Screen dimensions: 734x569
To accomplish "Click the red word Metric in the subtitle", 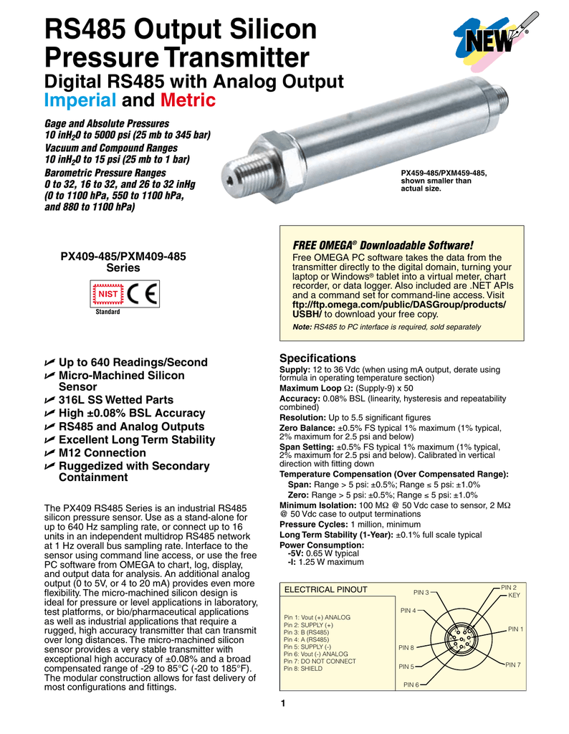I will [188, 100].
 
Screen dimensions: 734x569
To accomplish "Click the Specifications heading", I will [317, 358].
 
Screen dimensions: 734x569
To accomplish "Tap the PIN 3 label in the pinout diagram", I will [421, 593].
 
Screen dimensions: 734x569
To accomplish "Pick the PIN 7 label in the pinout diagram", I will [513, 665].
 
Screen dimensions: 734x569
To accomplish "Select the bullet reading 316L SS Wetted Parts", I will [115, 400].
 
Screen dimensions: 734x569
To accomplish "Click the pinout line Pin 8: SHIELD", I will [303, 668].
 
